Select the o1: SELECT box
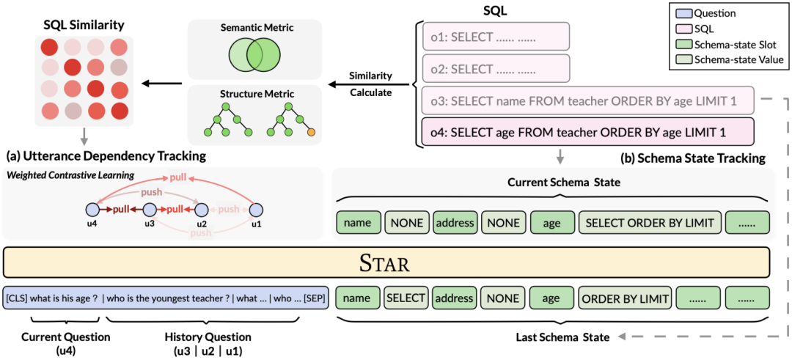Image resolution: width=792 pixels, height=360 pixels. (497, 37)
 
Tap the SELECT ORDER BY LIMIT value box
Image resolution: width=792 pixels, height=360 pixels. (650, 221)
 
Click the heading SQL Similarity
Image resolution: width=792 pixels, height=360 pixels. (84, 24)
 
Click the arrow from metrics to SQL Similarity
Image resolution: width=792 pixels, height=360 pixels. (161, 82)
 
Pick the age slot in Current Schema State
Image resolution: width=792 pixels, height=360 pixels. (553, 221)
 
